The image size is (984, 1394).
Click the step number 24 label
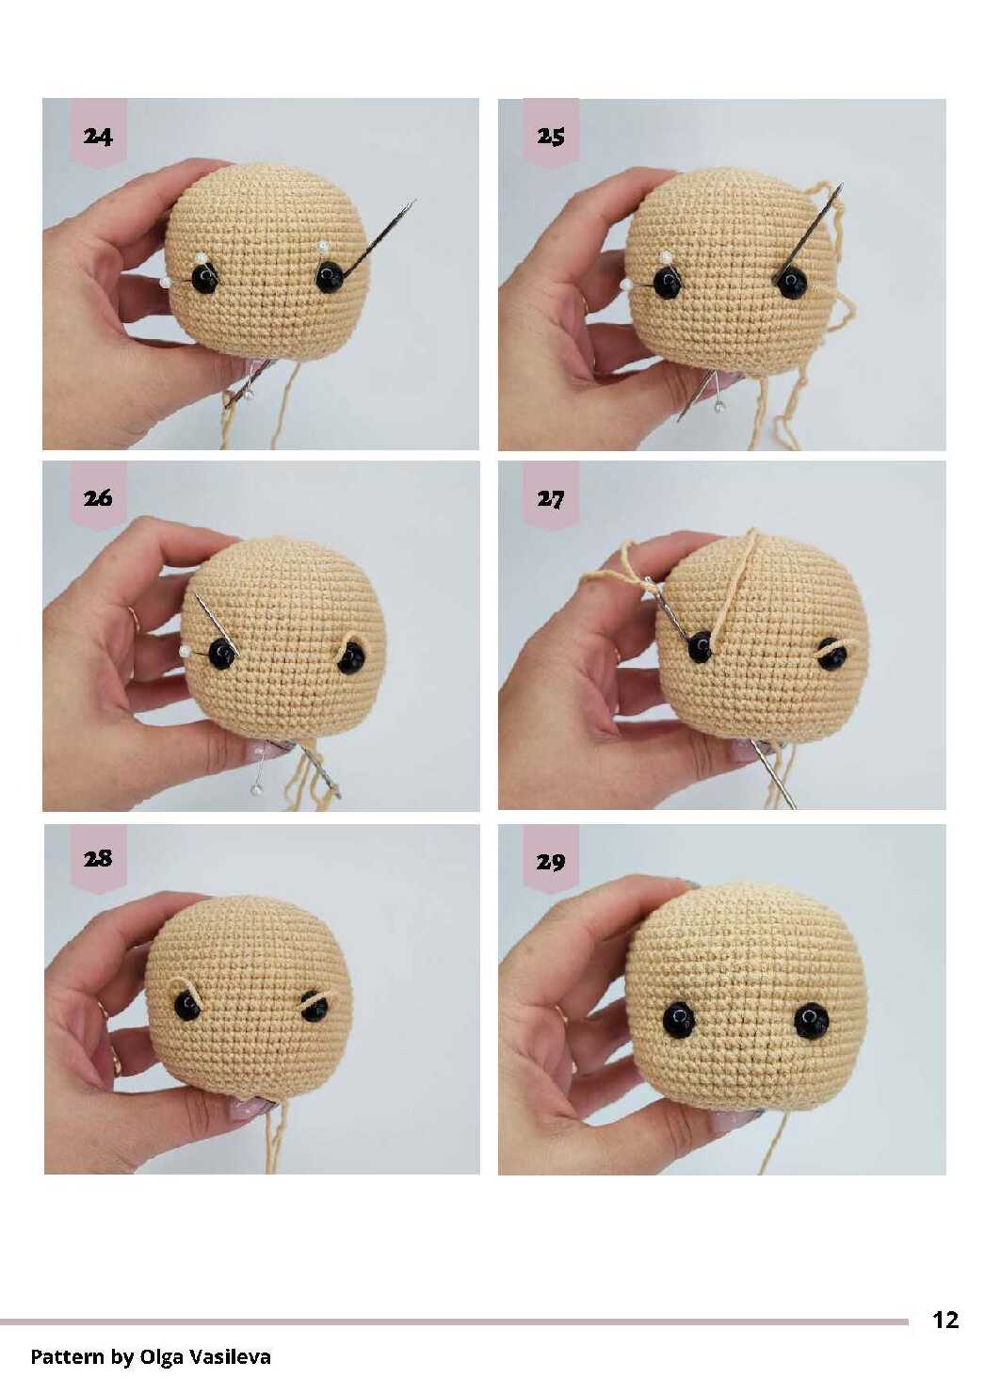pos(98,136)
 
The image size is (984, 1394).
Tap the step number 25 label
pos(551,136)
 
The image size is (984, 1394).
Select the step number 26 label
pos(98,497)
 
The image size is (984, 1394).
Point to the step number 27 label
pos(551,499)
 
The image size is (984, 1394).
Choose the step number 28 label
pos(98,859)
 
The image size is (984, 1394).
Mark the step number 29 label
pos(551,862)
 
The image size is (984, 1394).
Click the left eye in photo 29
pos(679,1019)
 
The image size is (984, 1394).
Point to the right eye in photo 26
pos(351,658)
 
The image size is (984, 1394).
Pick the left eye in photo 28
pos(186,1006)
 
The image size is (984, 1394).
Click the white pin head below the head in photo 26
pos(254,789)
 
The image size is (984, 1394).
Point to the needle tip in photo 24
pos(415,200)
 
